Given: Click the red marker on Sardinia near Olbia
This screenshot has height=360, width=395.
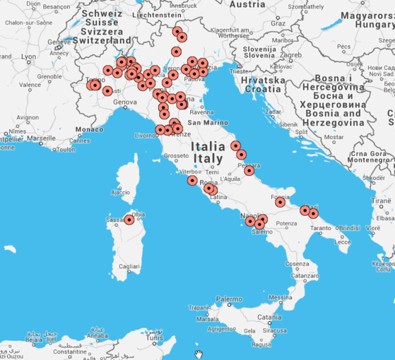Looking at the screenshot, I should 129,220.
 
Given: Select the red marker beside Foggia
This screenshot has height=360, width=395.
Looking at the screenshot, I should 280,203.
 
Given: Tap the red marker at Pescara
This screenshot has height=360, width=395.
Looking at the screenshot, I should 249,170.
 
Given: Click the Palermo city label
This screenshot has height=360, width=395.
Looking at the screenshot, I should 228,300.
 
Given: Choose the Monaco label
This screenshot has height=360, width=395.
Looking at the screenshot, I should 89,130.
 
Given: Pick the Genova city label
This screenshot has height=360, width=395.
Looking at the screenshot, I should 124,102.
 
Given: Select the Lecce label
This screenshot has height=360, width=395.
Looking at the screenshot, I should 342,241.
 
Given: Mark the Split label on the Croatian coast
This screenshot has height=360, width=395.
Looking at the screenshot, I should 301,131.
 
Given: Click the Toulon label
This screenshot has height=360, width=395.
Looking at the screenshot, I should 66,150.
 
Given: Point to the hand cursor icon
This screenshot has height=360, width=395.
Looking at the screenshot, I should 199,354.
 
